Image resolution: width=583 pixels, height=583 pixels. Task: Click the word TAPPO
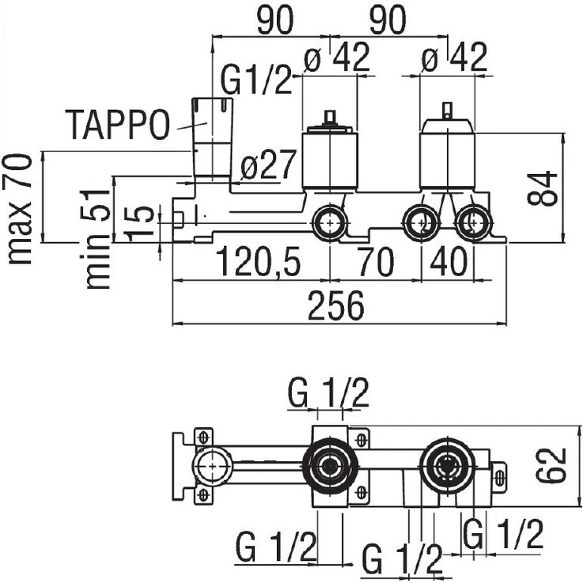(x=118, y=124)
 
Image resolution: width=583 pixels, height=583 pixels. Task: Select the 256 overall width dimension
(x=335, y=306)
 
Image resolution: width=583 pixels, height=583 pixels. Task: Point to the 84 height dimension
(x=543, y=188)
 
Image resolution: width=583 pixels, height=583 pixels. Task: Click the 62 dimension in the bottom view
(x=551, y=466)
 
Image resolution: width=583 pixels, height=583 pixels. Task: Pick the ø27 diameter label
(x=268, y=165)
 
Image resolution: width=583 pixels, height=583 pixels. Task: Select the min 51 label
(x=96, y=239)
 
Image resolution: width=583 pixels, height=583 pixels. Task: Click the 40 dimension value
(x=448, y=262)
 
